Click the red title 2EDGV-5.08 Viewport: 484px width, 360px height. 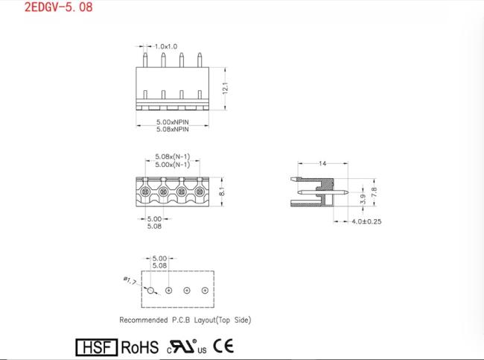point(59,7)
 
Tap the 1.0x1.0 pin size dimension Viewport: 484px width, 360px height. point(166,47)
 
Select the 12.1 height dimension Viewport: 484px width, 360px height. point(226,89)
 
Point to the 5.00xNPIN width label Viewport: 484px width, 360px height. point(172,121)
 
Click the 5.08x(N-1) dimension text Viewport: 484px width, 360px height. point(172,157)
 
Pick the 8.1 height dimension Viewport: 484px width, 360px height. point(222,192)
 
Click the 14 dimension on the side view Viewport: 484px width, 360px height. point(322,163)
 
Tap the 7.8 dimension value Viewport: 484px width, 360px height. point(374,192)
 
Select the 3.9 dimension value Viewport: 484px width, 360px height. point(363,199)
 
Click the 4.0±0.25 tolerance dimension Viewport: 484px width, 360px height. point(366,221)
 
